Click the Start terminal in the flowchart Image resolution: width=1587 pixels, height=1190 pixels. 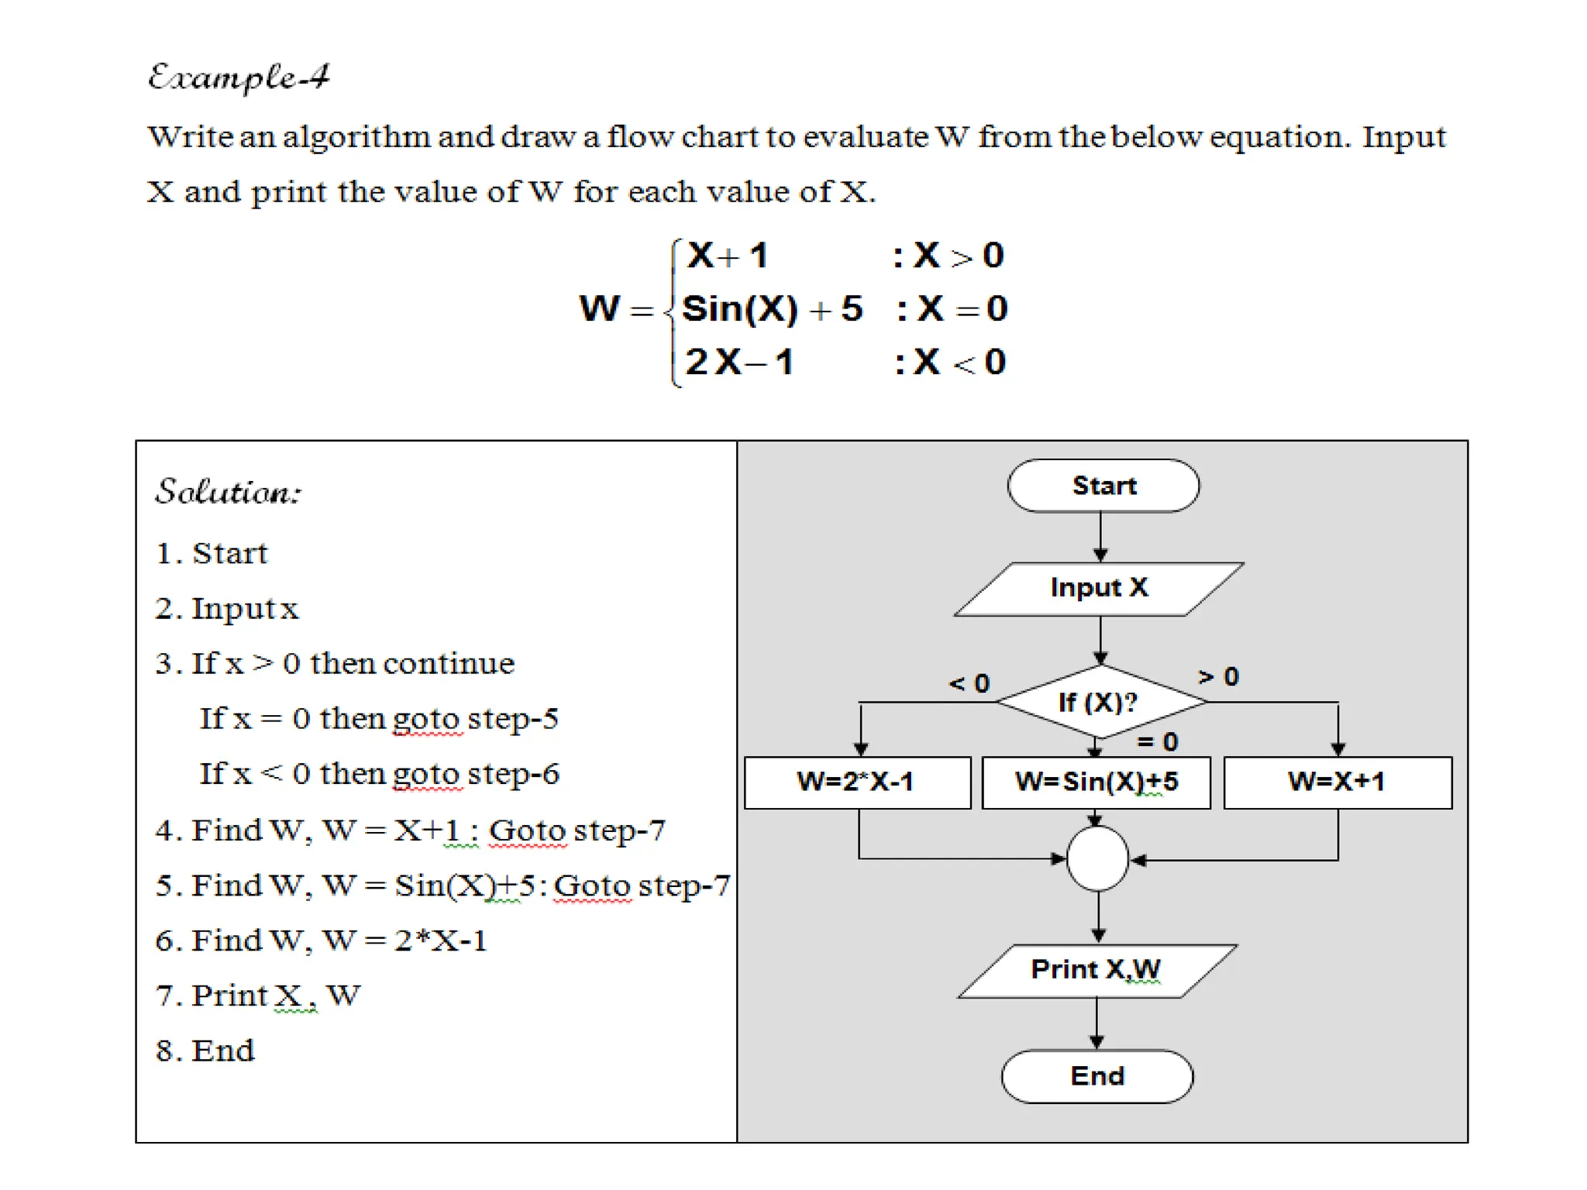[1103, 486]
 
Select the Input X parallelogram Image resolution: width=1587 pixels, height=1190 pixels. [1098, 588]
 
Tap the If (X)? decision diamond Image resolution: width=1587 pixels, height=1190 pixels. [1100, 702]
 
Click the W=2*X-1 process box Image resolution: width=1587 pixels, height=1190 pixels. [856, 782]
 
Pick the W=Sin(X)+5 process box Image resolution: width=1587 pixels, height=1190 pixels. [1096, 782]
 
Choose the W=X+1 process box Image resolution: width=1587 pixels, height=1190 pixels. [1337, 782]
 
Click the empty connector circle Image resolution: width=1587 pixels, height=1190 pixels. [1097, 858]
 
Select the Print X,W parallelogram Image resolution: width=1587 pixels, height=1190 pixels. [1096, 970]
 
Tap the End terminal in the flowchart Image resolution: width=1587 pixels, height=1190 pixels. [1096, 1076]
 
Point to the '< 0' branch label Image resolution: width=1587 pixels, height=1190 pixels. [969, 683]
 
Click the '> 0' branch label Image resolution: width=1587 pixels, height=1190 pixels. [1219, 677]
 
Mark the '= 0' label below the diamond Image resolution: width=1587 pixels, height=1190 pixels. [1158, 742]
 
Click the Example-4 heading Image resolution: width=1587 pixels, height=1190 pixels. [239, 77]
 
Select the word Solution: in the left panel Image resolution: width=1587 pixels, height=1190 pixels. [229, 492]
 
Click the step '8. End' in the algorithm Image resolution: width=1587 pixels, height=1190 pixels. [205, 1051]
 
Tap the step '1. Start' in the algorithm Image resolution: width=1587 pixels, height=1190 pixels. [212, 553]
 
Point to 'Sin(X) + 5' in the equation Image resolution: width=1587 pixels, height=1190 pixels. [772, 309]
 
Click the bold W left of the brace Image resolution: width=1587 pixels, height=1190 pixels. [600, 308]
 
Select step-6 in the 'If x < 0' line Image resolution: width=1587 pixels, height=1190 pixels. [514, 774]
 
